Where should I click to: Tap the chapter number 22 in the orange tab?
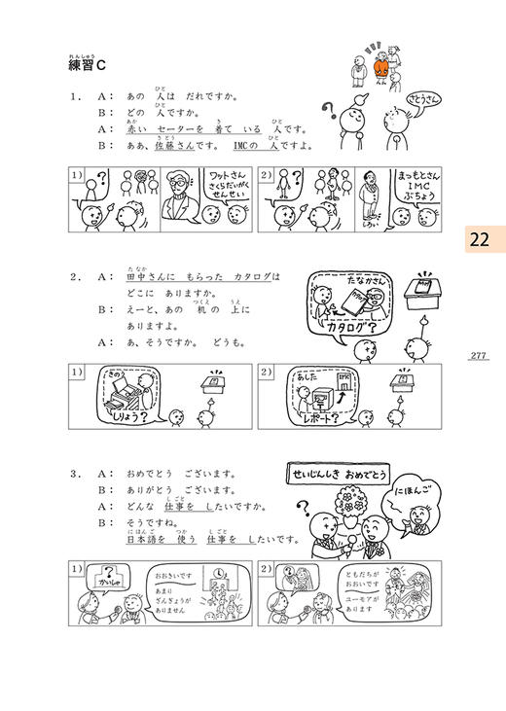coord(478,239)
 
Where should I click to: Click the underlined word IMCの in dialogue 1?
coord(252,145)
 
